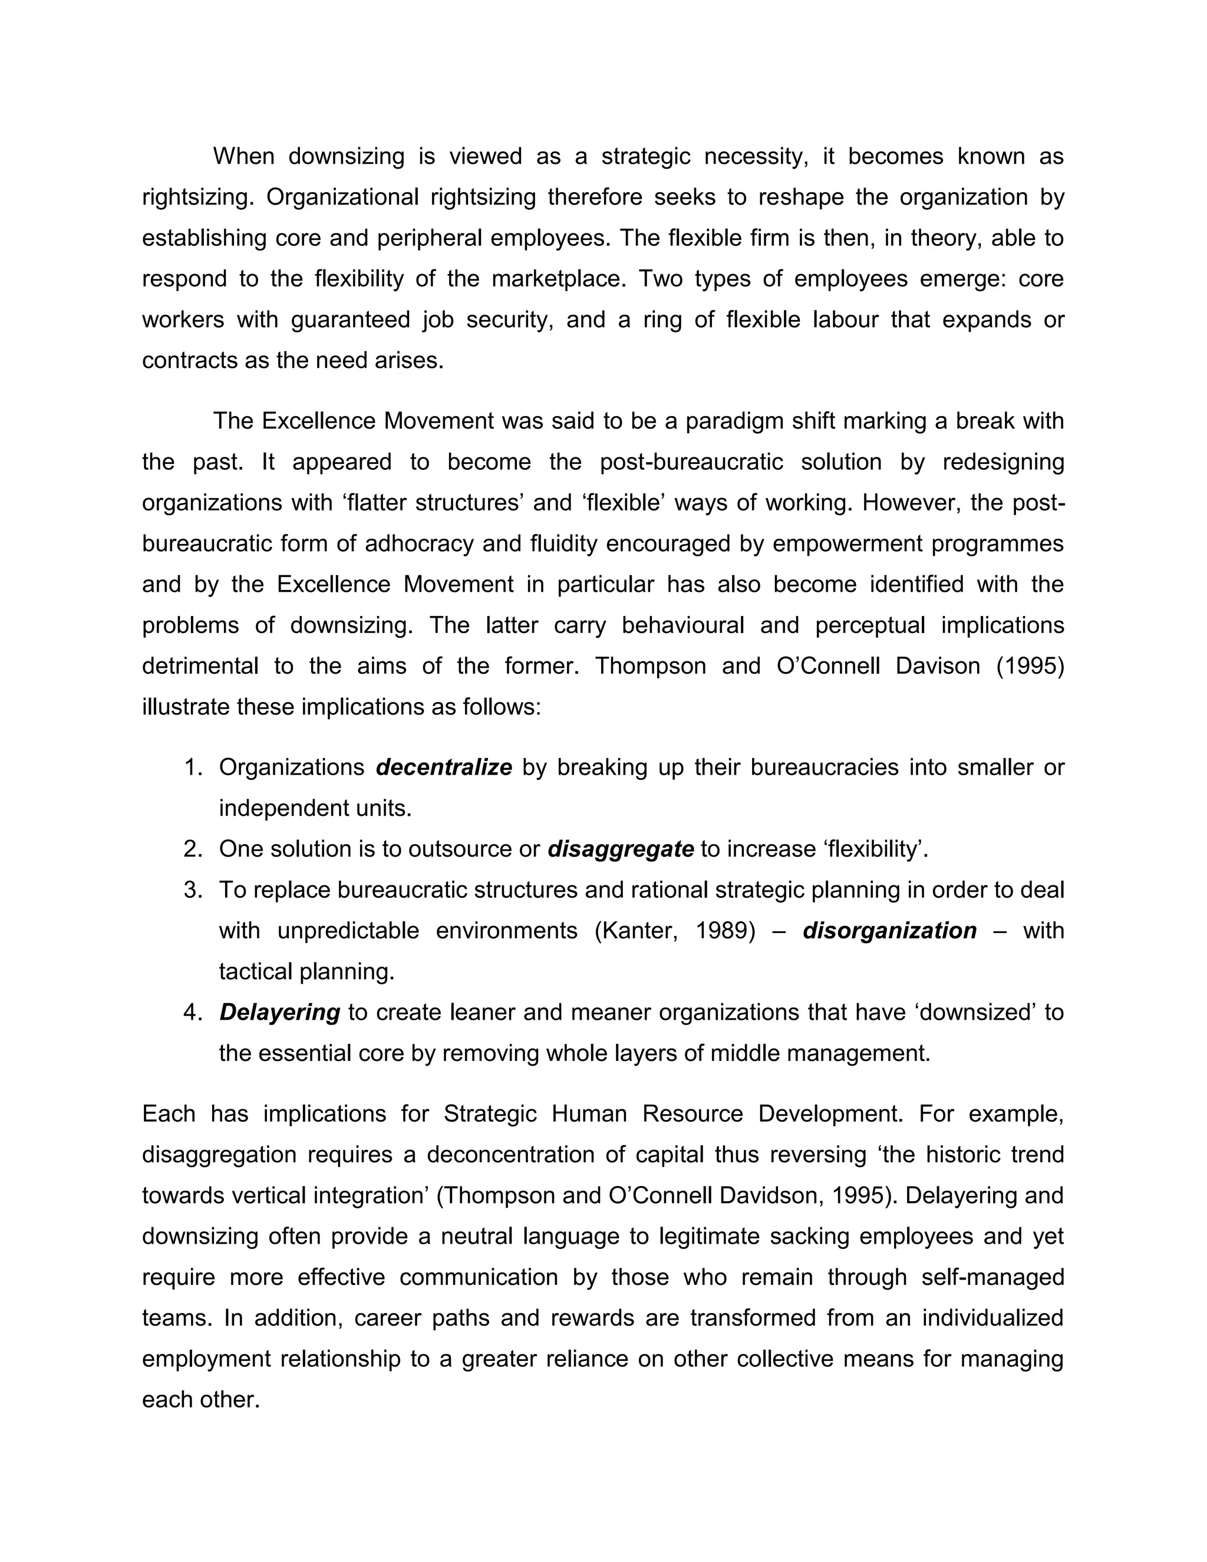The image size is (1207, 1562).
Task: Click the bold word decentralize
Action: [443, 767]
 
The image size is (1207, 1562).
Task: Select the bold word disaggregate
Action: [620, 849]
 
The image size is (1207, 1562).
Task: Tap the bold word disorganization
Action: [889, 931]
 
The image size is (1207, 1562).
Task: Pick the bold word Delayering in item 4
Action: [279, 1012]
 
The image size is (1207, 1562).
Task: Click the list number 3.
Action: [193, 889]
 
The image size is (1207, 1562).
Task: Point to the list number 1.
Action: [193, 767]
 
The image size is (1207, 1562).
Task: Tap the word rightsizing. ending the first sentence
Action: [198, 197]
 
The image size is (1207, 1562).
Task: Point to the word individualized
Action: [992, 1317]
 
